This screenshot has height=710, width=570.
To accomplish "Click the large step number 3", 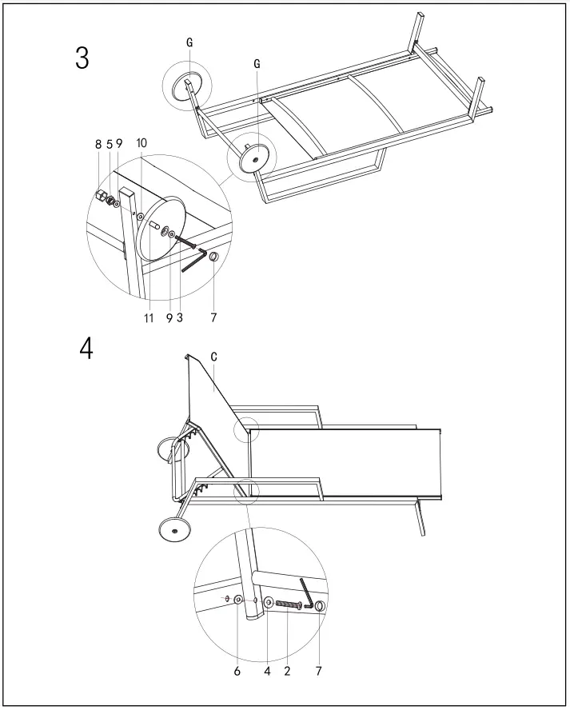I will [82, 58].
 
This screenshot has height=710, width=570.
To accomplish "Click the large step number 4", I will [86, 349].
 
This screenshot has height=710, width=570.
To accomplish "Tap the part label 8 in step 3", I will [98, 145].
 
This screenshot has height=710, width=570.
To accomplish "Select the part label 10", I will [142, 142].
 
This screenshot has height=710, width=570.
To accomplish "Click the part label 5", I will [110, 145].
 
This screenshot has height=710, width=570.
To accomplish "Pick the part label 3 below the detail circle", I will [179, 317].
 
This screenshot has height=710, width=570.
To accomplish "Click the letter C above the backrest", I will [213, 357].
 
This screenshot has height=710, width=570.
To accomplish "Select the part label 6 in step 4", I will [237, 671].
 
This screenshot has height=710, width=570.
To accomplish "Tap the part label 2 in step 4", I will [287, 671].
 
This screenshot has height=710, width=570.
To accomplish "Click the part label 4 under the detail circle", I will [268, 671].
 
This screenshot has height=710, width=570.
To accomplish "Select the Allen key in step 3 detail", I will [193, 261].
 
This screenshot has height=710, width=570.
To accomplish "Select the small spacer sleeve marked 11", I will [154, 225].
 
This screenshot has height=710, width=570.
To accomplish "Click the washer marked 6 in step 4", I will [238, 600].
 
